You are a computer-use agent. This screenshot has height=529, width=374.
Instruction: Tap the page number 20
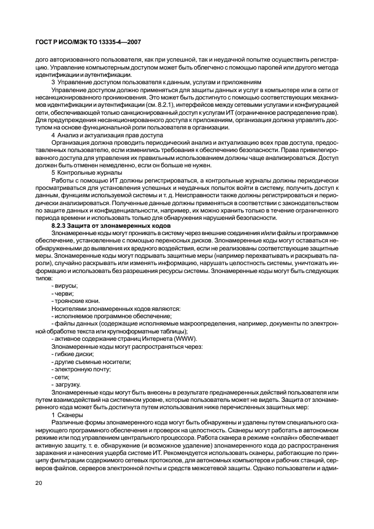tap(38, 483)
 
